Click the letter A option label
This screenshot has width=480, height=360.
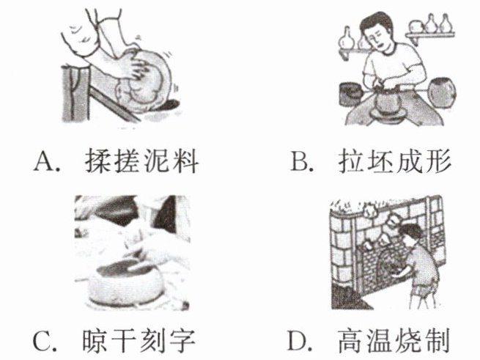46,161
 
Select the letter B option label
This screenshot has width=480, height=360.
301,161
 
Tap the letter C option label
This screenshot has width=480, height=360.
45,341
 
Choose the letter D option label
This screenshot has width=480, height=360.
300,340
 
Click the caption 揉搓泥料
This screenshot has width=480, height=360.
141,161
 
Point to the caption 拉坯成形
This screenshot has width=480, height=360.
394,161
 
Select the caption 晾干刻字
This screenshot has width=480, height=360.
139,341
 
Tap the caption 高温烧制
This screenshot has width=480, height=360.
394,340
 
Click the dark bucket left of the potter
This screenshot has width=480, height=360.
352,94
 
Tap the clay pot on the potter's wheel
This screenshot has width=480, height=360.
387,102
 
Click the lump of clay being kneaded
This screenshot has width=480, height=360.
144,81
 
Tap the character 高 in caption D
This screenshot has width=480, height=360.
350,340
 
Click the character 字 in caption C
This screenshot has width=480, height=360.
182,341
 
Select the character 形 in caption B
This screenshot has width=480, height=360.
438,161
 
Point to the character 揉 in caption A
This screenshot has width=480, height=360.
97,161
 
